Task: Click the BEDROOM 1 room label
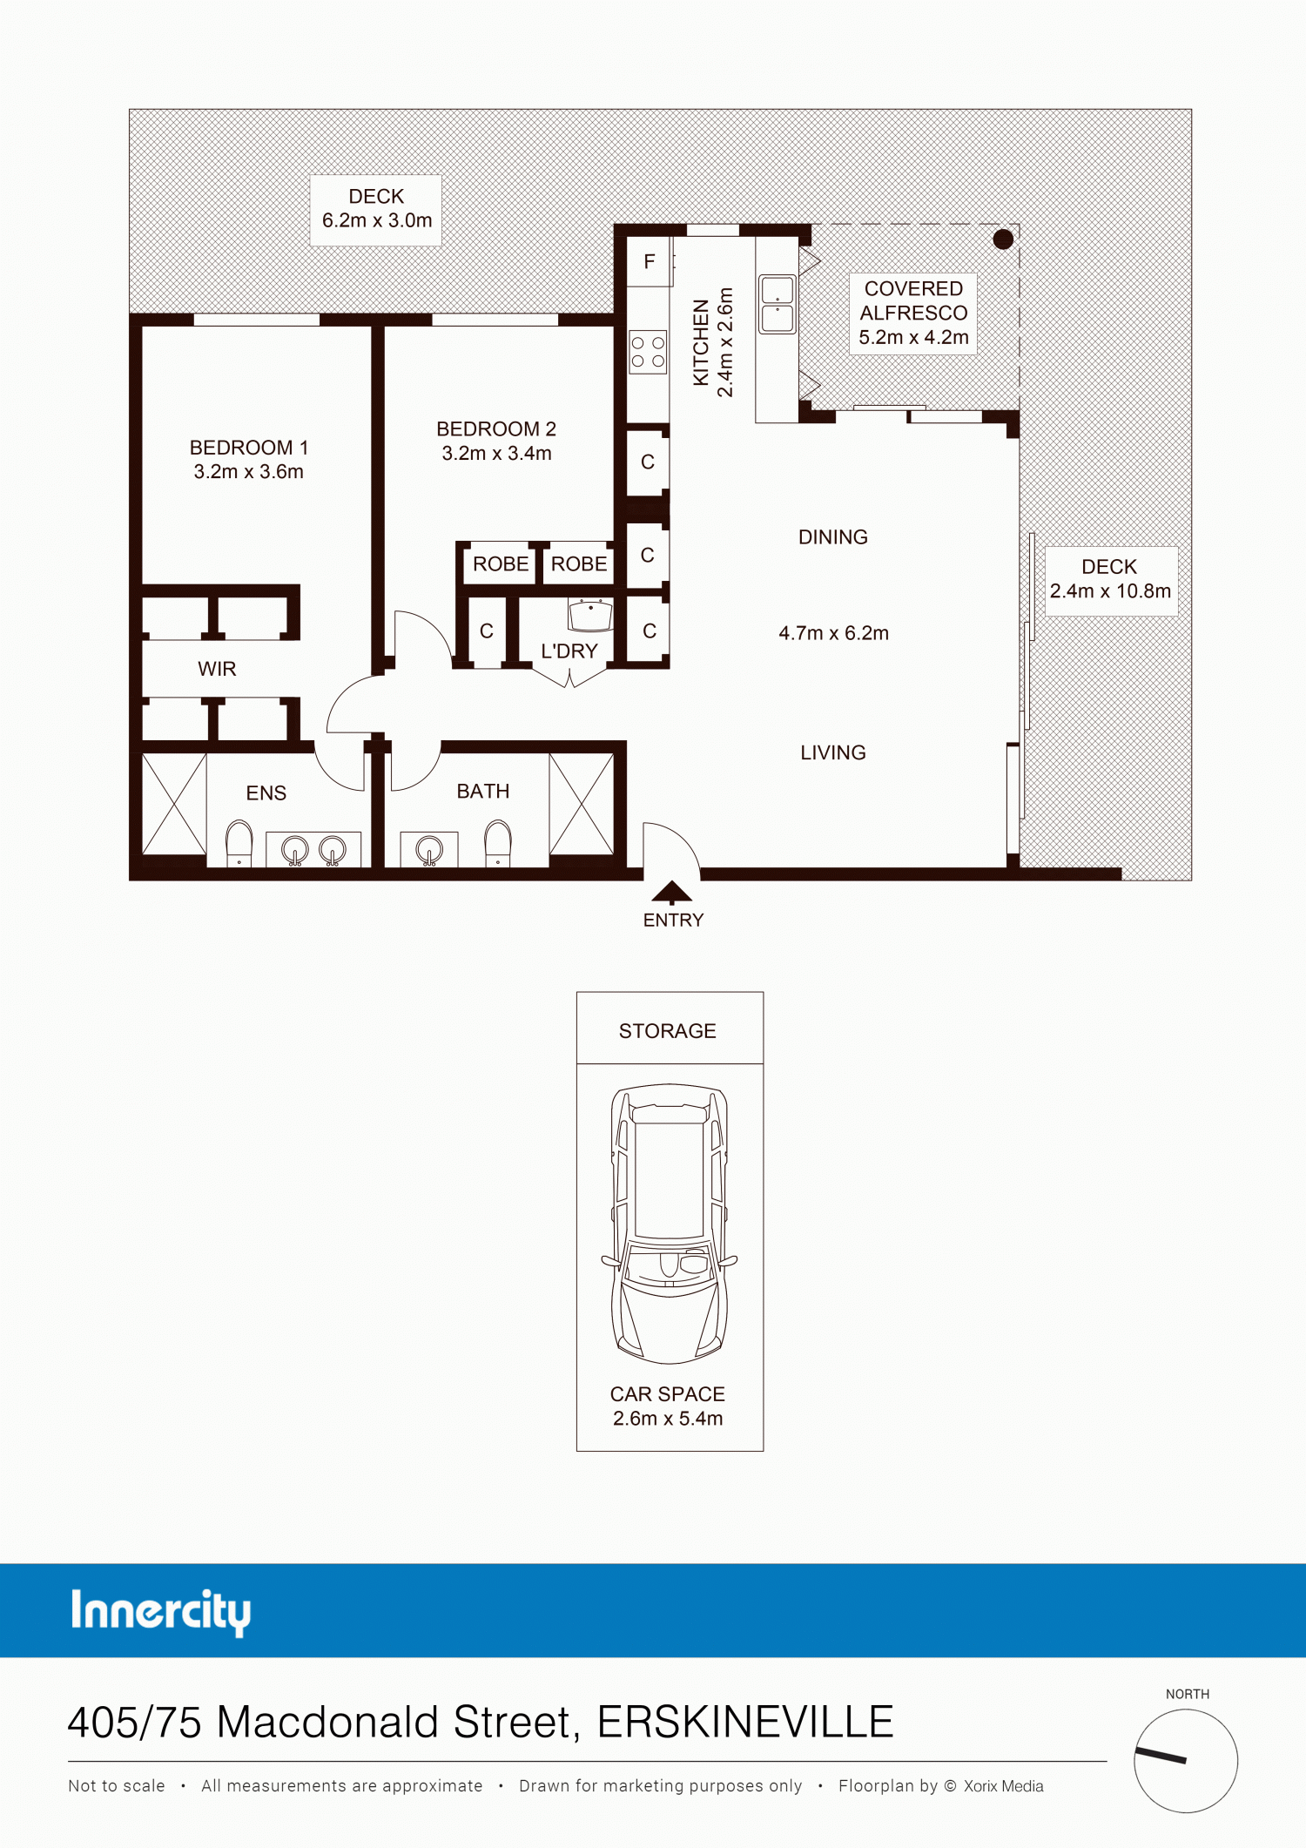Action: click(x=249, y=448)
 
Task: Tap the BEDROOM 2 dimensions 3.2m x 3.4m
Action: click(x=496, y=454)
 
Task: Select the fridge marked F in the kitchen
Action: click(x=650, y=261)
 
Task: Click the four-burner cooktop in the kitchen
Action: click(x=649, y=352)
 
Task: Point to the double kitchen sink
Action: click(x=778, y=304)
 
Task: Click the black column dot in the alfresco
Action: click(x=1003, y=239)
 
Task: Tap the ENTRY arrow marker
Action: click(x=672, y=892)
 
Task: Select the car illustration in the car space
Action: click(x=670, y=1224)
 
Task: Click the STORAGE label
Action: click(x=668, y=1031)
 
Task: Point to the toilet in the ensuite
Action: click(x=239, y=843)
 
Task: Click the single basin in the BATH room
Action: click(x=429, y=849)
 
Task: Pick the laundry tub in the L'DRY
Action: click(x=591, y=614)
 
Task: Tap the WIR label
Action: click(x=217, y=669)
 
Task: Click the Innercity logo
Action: click(x=161, y=1612)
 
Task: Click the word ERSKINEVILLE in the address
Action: click(x=745, y=1723)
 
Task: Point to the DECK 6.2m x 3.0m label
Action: click(x=376, y=209)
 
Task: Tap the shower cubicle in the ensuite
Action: click(x=174, y=804)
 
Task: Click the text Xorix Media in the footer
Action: click(x=1004, y=1786)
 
